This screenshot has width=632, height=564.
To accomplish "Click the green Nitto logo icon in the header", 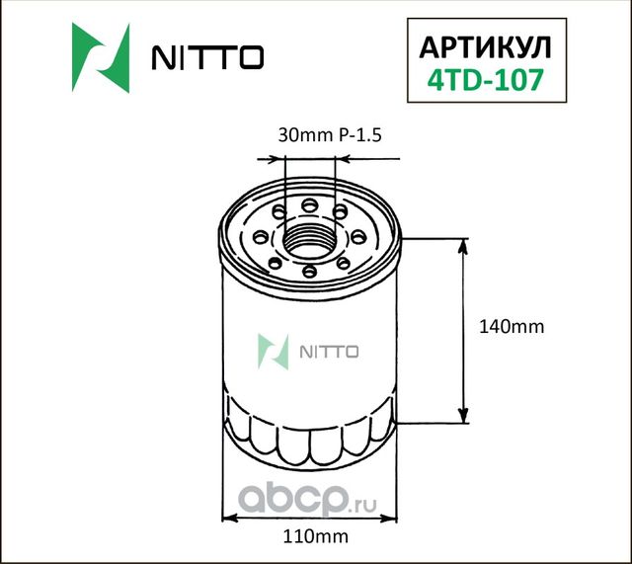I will pos(101,58).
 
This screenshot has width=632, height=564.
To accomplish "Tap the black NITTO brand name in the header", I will pos(205,59).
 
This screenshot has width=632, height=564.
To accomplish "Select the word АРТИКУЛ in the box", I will pos(480,47).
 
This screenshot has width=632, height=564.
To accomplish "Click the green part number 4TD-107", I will pos(480,80).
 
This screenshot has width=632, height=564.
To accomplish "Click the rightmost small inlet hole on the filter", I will pos(357,237).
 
